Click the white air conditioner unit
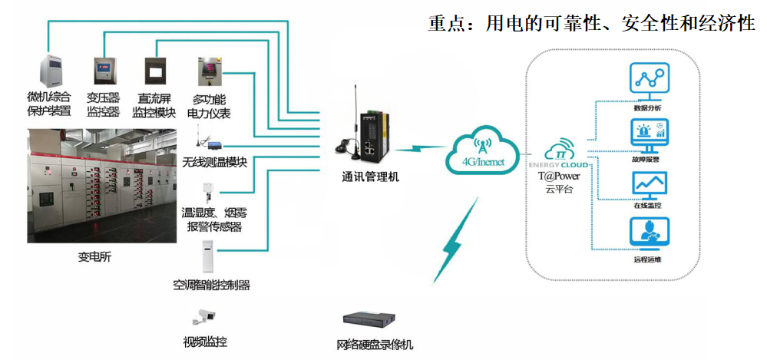pyautogui.click(x=210, y=257)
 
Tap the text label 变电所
pyautogui.click(x=94, y=257)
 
